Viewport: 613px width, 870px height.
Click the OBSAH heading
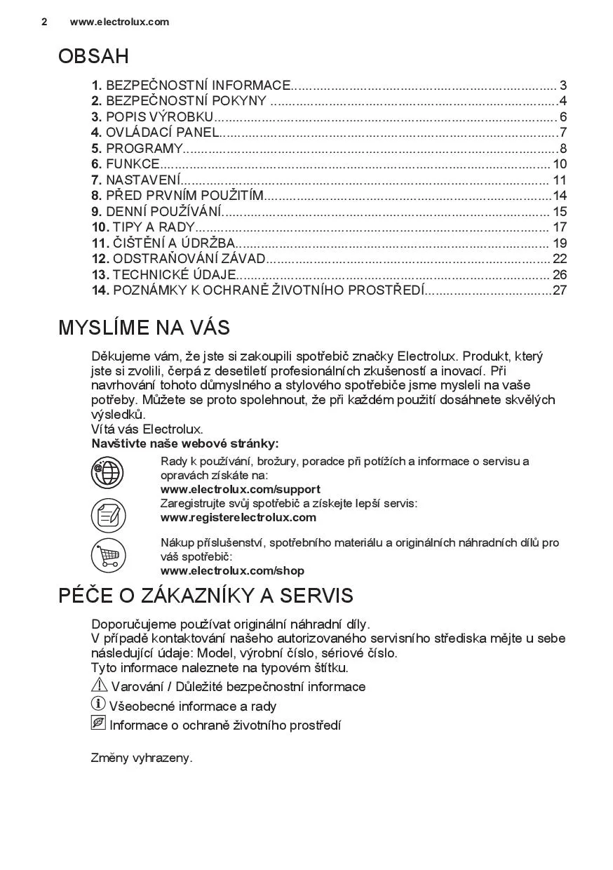pyautogui.click(x=93, y=56)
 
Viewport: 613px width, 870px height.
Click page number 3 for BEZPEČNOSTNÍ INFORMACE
pyautogui.click(x=563, y=86)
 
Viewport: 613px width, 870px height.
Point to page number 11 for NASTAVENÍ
pyautogui.click(x=559, y=180)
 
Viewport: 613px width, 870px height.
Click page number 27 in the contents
pyautogui.click(x=559, y=290)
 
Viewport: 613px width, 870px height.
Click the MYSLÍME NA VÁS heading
pyautogui.click(x=144, y=328)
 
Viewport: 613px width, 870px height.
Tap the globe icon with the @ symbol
pyautogui.click(x=107, y=471)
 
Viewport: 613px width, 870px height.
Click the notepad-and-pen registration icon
pyautogui.click(x=107, y=514)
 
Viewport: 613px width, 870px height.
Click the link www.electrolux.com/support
pyautogui.click(x=241, y=490)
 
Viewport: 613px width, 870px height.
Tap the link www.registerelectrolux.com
pyautogui.click(x=238, y=518)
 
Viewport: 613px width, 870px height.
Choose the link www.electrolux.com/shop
pyautogui.click(x=232, y=571)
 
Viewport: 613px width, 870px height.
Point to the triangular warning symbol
pyautogui.click(x=99, y=685)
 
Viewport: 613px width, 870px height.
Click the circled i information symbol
pyautogui.click(x=98, y=704)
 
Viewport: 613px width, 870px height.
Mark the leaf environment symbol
pyautogui.click(x=98, y=723)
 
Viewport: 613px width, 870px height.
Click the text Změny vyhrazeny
pyautogui.click(x=142, y=758)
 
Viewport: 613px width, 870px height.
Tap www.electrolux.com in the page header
pyautogui.click(x=119, y=22)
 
